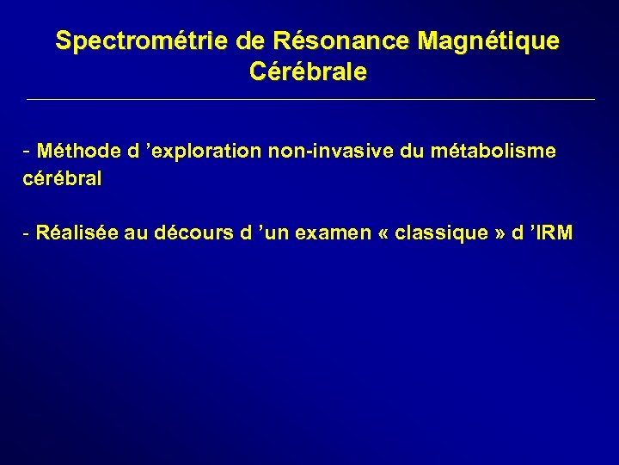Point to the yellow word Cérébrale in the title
[x=308, y=71]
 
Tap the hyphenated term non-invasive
[x=341, y=152]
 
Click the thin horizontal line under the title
[x=309, y=100]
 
